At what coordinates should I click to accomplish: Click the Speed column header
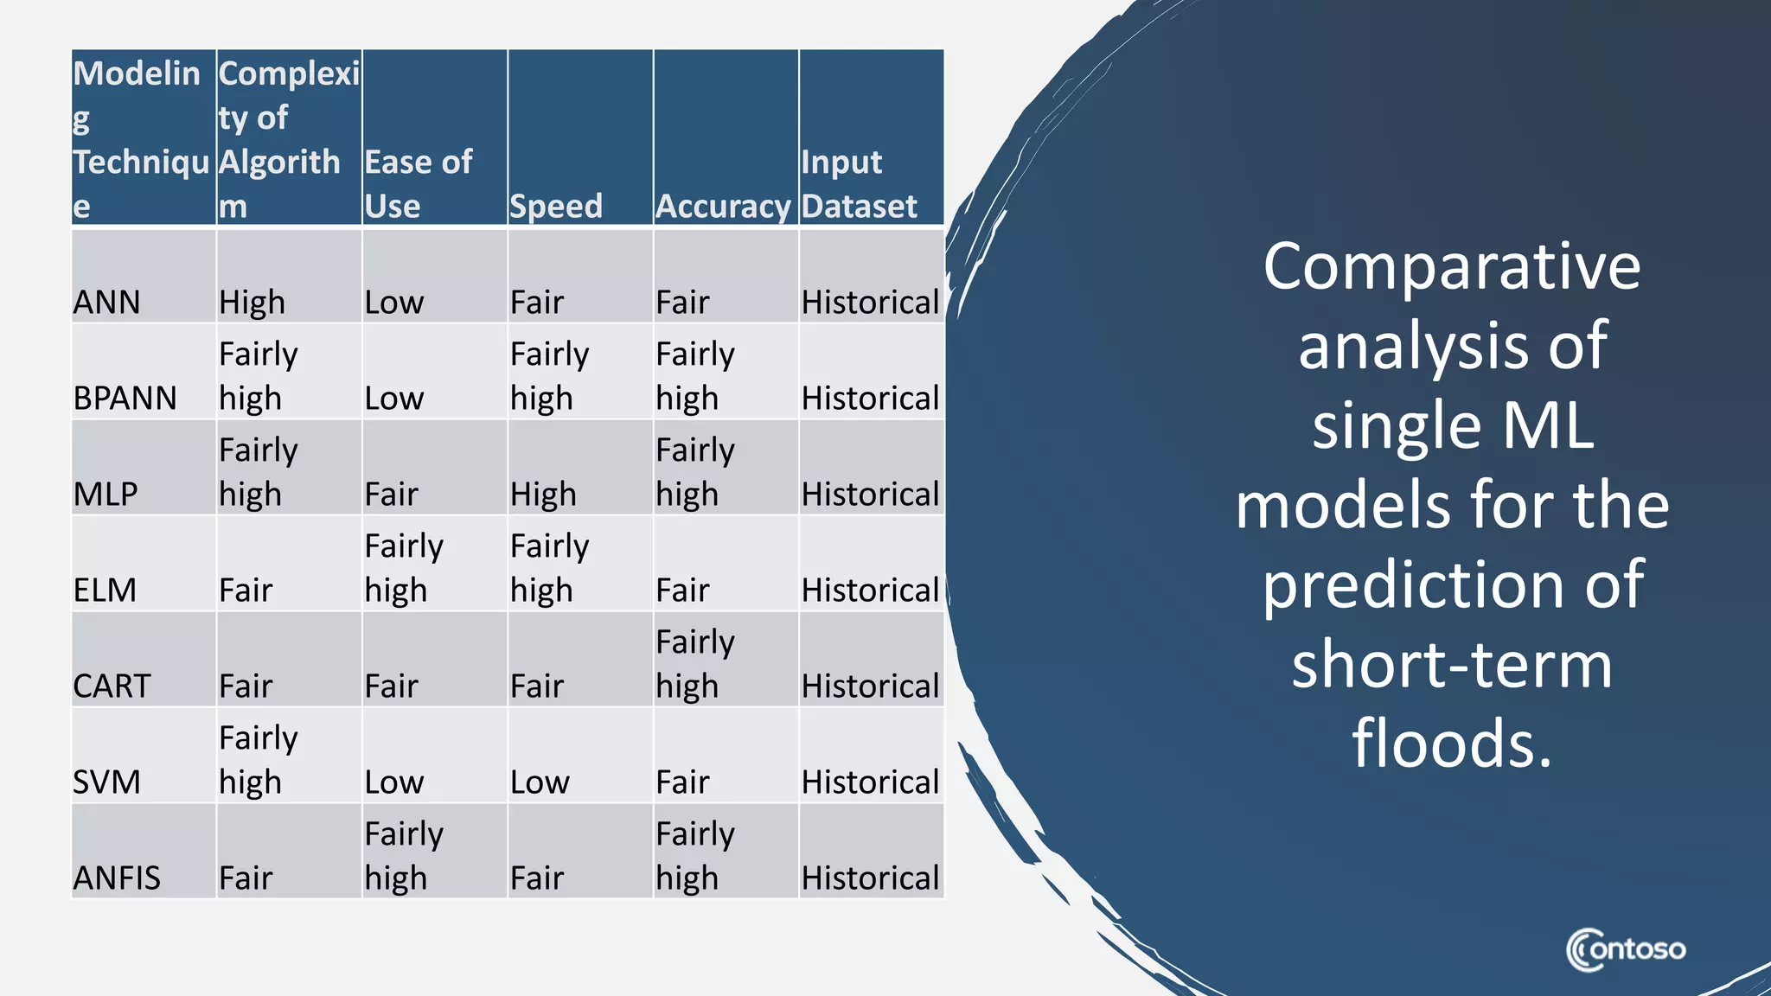coord(556,207)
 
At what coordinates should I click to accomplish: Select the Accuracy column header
coord(723,207)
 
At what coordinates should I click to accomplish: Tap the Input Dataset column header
coord(859,184)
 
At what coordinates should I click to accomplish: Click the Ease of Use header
coord(419,184)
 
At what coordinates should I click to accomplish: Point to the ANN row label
coord(106,303)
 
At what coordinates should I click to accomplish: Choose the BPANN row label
coord(125,399)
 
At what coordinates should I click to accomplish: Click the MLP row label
coord(105,495)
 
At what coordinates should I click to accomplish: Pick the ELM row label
coord(105,591)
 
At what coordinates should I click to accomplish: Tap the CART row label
coord(112,686)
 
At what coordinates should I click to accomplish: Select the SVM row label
coord(106,782)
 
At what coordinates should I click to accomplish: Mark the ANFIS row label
coord(117,878)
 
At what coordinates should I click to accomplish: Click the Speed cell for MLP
coord(543,495)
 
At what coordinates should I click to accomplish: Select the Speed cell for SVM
coord(540,782)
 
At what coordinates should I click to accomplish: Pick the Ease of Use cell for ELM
coord(404,568)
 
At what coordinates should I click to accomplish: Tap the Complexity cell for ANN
coord(252,303)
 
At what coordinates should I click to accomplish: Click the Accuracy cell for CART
coord(695,664)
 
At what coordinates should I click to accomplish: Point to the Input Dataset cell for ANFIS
coord(870,878)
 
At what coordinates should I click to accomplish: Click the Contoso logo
coord(1626,950)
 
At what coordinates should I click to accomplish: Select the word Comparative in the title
coord(1451,266)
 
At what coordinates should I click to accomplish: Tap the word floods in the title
coord(1451,744)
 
